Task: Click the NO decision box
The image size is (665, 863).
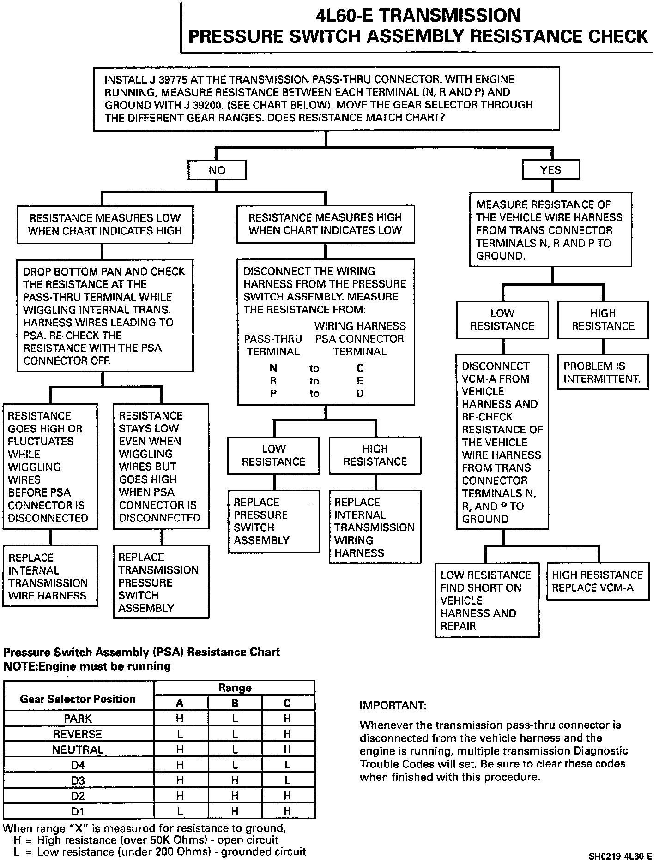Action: point(217,170)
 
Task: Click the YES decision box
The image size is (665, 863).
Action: point(550,170)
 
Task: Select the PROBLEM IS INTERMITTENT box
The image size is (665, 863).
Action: point(603,372)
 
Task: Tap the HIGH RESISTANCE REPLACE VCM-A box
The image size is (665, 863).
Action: point(598,581)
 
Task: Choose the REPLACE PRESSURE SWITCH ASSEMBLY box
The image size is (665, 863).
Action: point(273,521)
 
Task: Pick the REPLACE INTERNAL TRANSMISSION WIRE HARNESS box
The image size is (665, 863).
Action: point(50,576)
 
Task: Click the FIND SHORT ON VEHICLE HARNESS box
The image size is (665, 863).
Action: point(487,600)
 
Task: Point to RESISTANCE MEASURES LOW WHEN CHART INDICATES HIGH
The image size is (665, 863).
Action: point(105,224)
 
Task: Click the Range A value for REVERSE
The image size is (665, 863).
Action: point(180,734)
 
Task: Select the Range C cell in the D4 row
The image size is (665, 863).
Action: point(288,765)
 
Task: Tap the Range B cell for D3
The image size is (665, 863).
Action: point(235,780)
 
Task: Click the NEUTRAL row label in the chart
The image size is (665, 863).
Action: point(78,749)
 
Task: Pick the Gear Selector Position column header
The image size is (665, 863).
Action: point(78,699)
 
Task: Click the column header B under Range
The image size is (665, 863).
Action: point(235,703)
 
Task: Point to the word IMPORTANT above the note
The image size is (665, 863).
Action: point(393,706)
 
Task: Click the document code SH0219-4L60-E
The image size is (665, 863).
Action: point(620,857)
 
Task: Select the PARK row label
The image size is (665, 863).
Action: point(78,719)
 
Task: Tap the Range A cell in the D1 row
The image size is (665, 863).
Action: point(180,811)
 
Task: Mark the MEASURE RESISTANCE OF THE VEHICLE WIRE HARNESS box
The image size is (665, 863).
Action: point(550,230)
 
